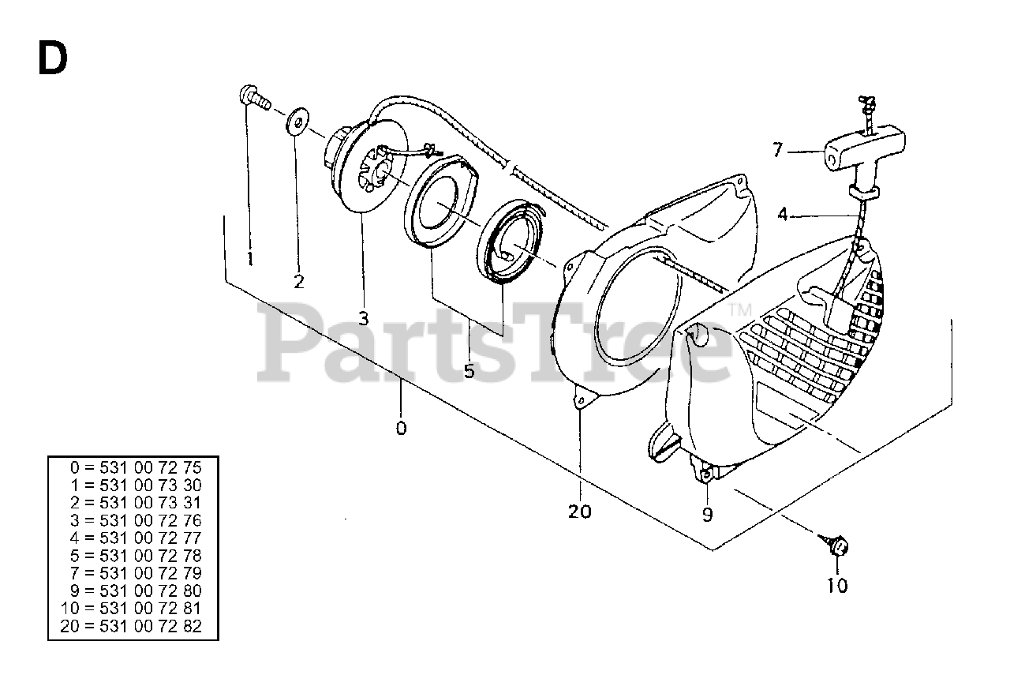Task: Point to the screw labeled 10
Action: pos(837,546)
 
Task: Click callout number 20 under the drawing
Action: pos(579,512)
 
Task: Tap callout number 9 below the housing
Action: pos(707,515)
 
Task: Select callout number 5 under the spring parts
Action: pos(469,370)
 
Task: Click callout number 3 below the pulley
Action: pos(363,318)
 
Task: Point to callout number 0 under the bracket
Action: pos(401,428)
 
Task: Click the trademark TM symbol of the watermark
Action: pos(738,309)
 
